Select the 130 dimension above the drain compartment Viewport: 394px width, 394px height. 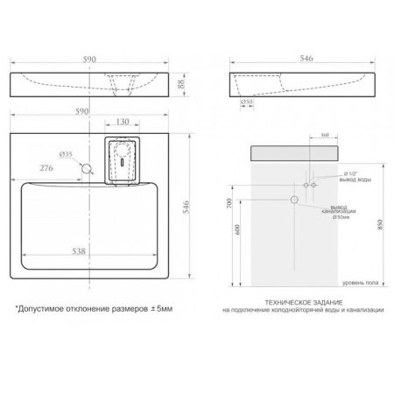122,123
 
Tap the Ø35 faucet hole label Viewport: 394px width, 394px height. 67,152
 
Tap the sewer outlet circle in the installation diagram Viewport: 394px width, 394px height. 296,201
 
